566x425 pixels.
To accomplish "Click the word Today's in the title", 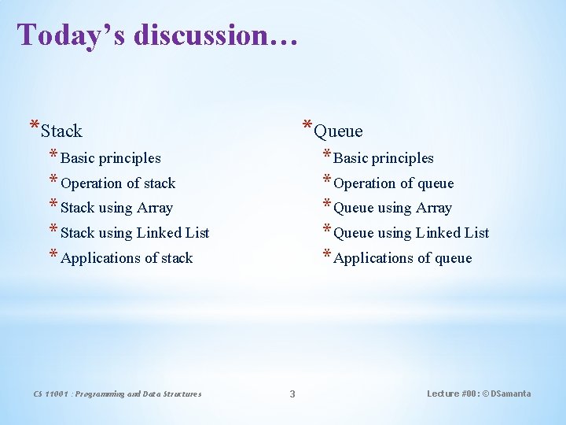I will coord(71,35).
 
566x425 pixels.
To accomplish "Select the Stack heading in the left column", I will coord(61,131).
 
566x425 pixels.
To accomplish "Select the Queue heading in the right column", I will coord(338,131).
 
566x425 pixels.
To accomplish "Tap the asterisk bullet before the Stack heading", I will coord(34,126).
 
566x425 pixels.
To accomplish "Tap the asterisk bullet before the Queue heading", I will coord(307,126).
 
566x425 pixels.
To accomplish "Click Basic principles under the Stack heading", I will coord(110,158).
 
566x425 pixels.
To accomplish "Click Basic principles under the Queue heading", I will coord(384,158).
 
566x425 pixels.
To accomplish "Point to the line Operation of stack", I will coord(118,183).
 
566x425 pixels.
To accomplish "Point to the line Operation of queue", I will coord(394,183).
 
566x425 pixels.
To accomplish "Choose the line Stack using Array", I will coord(116,208).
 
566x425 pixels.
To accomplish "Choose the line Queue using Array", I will coord(392,208).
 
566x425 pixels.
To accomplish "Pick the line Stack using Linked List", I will coord(134,233).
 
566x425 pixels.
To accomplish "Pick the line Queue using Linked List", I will coord(411,233).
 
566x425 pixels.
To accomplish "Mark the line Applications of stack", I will coord(127,258).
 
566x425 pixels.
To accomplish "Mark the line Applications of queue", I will coord(402,258).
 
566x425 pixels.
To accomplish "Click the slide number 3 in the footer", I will coord(292,394).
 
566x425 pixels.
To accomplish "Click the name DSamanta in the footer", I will coord(510,394).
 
